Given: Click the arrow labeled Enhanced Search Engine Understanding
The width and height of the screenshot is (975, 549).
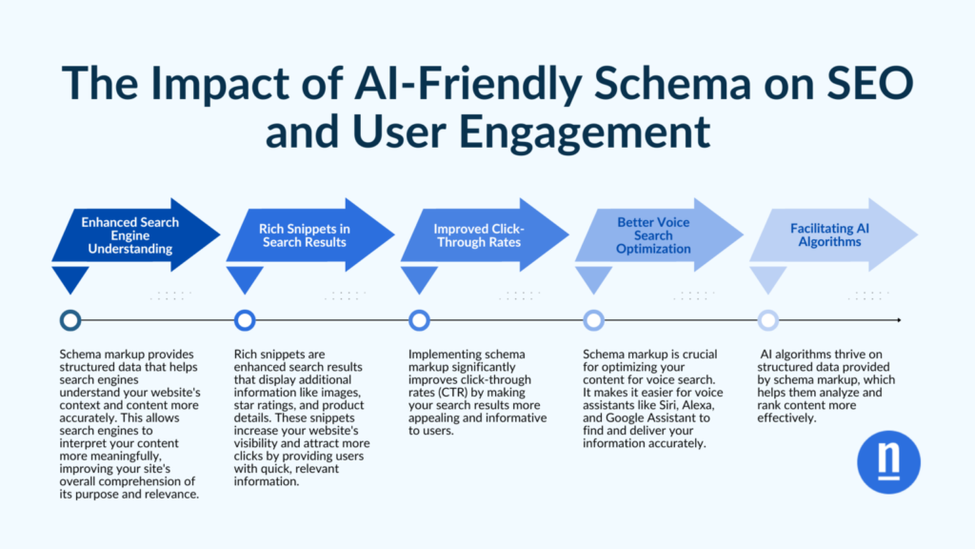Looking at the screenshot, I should (x=129, y=234).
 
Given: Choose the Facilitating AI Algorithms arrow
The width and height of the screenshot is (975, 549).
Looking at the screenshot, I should (x=826, y=234).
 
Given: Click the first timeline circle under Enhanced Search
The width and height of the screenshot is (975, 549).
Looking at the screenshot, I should (x=70, y=320).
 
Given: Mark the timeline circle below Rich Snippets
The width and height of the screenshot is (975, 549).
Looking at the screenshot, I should (x=245, y=320).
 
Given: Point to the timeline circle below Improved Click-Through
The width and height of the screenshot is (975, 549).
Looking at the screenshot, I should (x=419, y=320).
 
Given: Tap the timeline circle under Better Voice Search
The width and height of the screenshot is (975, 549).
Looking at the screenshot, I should (x=593, y=320).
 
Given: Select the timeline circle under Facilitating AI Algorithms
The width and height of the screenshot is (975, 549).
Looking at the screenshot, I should (x=767, y=320).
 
